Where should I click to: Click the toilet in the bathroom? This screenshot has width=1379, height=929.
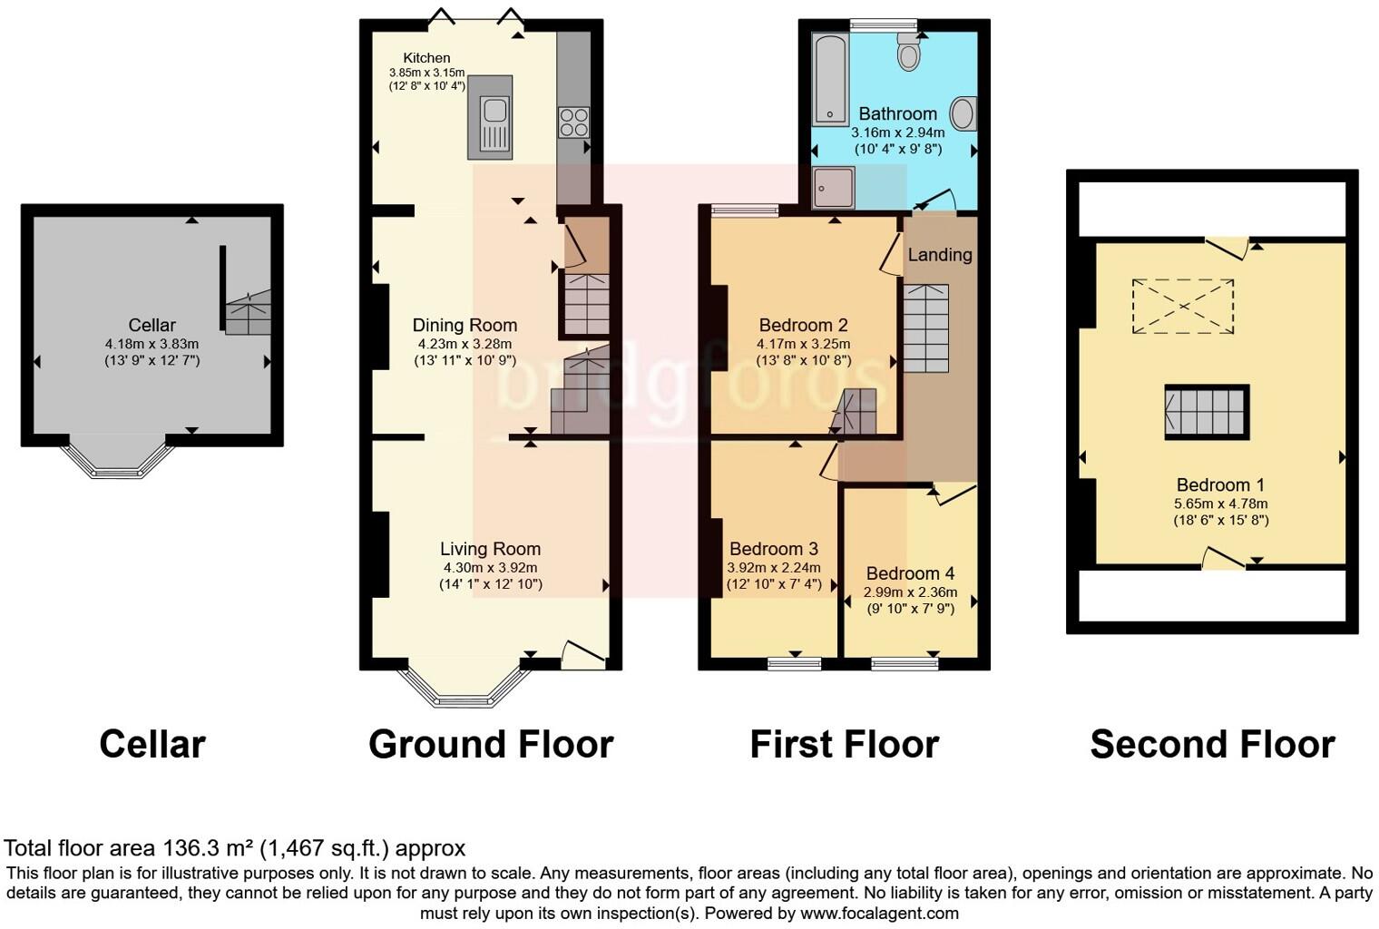908,54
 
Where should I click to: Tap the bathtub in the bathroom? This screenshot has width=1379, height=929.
829,78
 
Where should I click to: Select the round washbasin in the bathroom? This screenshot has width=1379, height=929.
963,114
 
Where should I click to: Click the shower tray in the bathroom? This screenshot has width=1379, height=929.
834,188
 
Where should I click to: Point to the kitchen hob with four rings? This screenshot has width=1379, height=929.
573,122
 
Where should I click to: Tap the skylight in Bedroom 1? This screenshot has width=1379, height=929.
1183,308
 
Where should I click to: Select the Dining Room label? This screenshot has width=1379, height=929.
465,325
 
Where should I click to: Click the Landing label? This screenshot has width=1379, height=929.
940,255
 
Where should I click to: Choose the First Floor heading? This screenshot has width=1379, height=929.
844,744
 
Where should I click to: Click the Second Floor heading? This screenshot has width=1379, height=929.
1212,744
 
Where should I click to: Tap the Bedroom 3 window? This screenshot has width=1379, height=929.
795,664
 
